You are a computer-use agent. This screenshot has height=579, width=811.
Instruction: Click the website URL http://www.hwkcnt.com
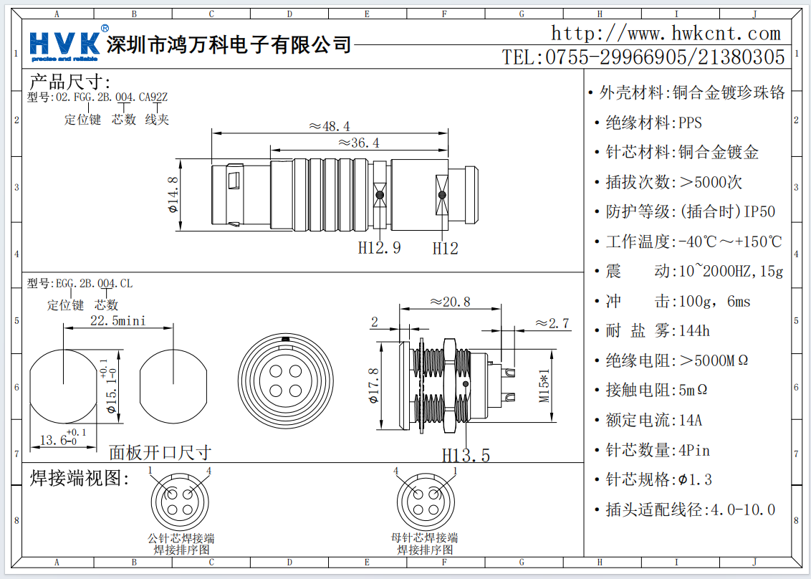coord(666,33)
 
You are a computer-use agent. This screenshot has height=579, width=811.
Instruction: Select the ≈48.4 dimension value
coord(330,126)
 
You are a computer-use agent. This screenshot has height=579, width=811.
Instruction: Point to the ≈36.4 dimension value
coord(358,143)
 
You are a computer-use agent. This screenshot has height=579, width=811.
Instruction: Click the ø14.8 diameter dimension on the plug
coord(172,196)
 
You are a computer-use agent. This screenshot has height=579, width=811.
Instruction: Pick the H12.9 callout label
coord(380,248)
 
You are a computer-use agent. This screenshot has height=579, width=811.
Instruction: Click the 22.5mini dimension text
coord(117,320)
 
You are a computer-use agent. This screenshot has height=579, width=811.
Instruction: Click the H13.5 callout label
coord(466,455)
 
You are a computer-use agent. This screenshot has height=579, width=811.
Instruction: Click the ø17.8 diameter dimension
coord(373,386)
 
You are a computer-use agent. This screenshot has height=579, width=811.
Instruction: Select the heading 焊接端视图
coord(80,478)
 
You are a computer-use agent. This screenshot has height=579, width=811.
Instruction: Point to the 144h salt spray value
coord(693,331)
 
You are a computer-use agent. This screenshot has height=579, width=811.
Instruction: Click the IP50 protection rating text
coord(759,211)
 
